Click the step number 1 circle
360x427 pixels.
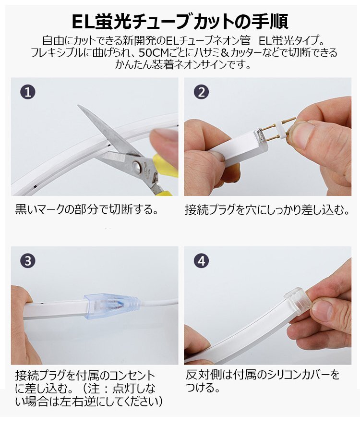point(28,92)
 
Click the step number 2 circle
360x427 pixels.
point(202,92)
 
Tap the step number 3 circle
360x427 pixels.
point(28,261)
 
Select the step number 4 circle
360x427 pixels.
point(202,261)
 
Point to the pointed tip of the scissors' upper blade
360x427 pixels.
point(78,105)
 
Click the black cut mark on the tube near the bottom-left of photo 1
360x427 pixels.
point(35,187)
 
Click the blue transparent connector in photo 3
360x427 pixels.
point(112,305)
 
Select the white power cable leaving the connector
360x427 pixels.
point(160,302)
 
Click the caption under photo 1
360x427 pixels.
point(86,209)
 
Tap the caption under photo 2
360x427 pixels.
point(267,209)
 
